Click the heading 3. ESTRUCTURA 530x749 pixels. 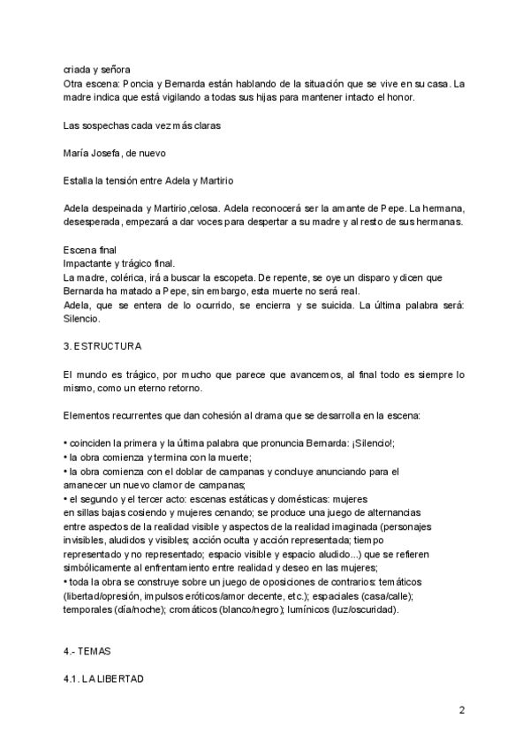click(x=102, y=344)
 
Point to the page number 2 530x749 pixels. click(x=462, y=710)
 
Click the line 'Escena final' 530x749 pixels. click(x=90, y=250)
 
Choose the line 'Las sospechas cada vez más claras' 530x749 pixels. click(x=141, y=125)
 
